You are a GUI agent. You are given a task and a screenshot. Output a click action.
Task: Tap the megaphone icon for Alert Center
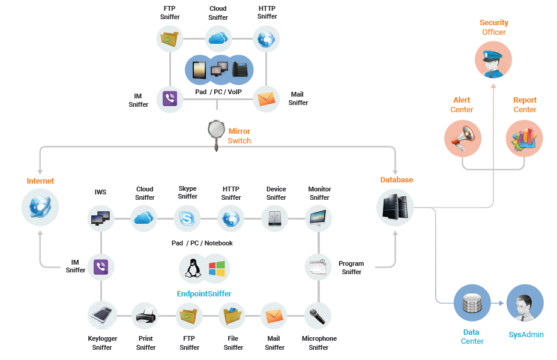click(463, 138)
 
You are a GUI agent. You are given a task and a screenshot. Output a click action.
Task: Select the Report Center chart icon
click(524, 138)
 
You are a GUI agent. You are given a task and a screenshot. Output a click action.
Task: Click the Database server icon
click(396, 207)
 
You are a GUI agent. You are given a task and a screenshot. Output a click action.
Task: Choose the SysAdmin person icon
click(525, 303)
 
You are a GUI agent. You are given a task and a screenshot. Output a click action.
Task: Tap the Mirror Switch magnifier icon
click(216, 131)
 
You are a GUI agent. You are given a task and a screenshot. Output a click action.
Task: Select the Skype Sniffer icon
click(187, 218)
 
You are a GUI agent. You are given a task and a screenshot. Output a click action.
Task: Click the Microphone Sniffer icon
click(318, 315)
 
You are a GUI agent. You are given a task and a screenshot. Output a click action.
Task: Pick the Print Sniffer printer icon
click(145, 315)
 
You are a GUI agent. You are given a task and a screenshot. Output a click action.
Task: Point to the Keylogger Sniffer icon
click(101, 315)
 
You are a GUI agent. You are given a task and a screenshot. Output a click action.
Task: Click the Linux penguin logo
click(193, 268)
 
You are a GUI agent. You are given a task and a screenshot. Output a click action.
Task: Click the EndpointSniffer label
click(204, 294)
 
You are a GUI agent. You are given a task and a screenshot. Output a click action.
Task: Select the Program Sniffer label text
click(351, 268)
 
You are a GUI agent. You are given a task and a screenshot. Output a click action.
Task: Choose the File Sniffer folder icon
click(232, 315)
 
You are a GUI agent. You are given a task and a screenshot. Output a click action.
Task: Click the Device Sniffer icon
click(275, 218)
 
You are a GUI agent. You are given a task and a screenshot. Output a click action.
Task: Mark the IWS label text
click(100, 193)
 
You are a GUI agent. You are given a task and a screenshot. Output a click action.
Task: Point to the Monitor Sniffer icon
click(319, 218)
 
